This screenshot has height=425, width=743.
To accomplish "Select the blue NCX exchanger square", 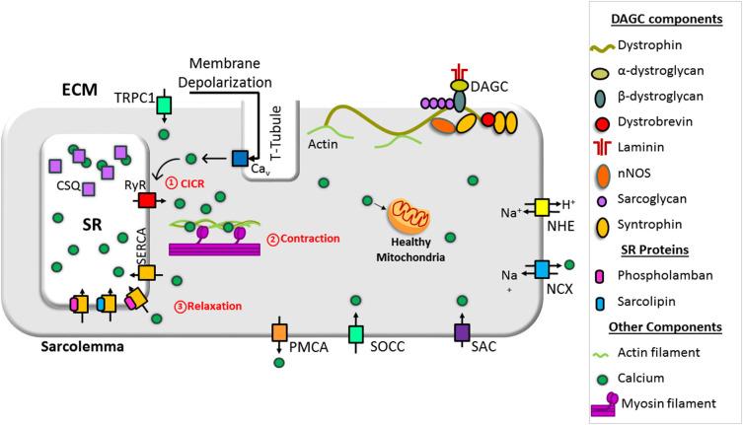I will pos(541,267).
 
